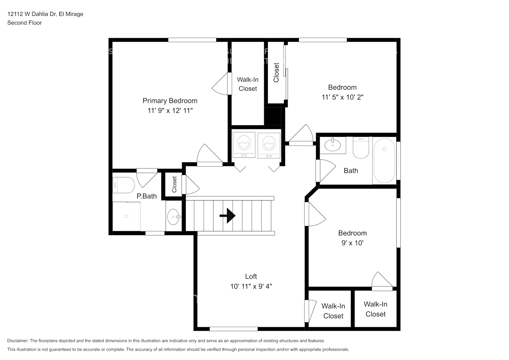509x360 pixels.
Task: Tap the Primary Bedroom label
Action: (170, 101)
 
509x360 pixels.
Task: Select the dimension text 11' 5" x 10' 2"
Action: (342, 97)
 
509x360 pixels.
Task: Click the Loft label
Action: (251, 276)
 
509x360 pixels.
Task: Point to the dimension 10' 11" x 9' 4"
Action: (251, 287)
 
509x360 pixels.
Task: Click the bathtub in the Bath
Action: (384, 161)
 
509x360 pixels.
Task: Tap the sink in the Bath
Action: (333, 145)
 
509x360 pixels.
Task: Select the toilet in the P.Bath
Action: (123, 185)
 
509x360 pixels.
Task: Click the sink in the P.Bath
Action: (174, 217)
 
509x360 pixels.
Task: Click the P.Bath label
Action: (147, 196)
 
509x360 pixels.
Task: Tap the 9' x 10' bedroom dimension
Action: (352, 243)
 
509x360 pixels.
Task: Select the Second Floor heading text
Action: (24, 23)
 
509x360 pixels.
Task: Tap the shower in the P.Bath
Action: (126, 216)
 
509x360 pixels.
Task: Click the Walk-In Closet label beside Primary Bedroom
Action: (248, 84)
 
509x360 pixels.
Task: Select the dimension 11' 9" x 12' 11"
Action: (170, 111)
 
